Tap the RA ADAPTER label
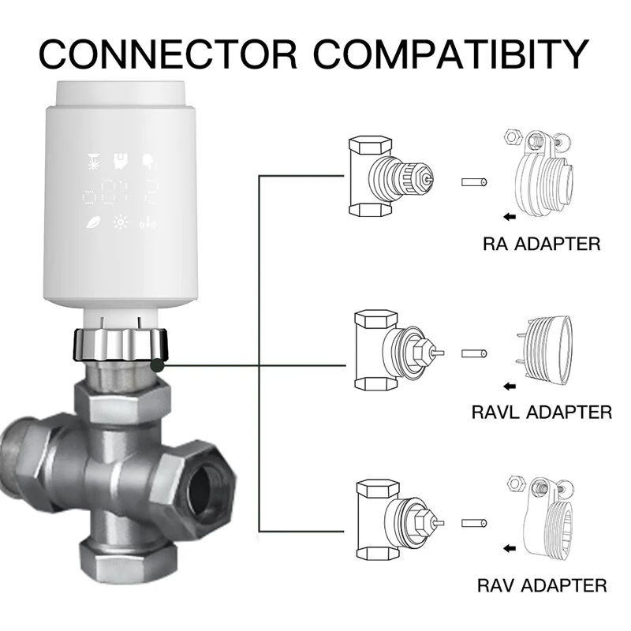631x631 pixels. click(541, 244)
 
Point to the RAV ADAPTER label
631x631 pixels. click(542, 585)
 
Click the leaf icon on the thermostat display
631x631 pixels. click(92, 222)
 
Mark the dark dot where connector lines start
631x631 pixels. click(158, 364)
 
